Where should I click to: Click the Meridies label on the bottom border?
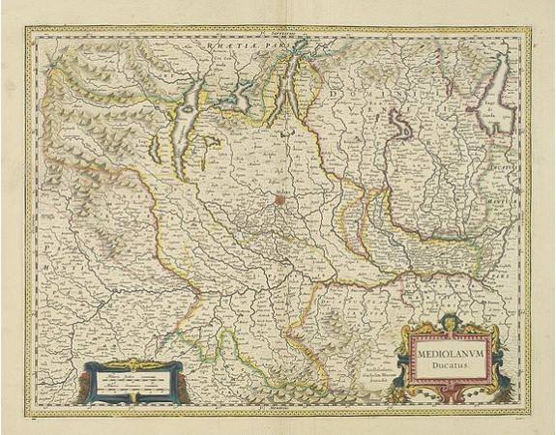pos(278,408)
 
